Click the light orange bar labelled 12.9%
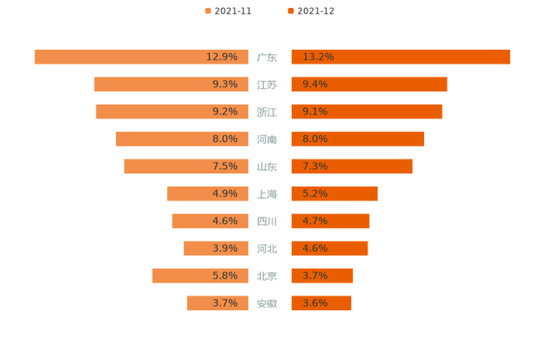(139, 57)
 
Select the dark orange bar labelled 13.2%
(401, 57)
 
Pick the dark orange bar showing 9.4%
(368, 85)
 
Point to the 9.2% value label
(225, 112)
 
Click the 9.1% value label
(315, 112)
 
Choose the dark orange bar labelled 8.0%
(357, 139)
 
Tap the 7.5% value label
(225, 166)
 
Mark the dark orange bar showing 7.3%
(351, 166)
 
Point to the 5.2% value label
(315, 194)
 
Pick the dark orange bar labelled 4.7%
(330, 221)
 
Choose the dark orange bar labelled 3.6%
(321, 303)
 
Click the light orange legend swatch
(207, 10)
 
